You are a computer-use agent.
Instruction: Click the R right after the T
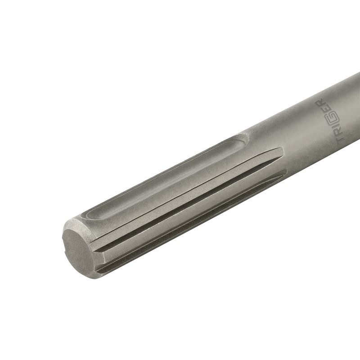pos(338,134)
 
